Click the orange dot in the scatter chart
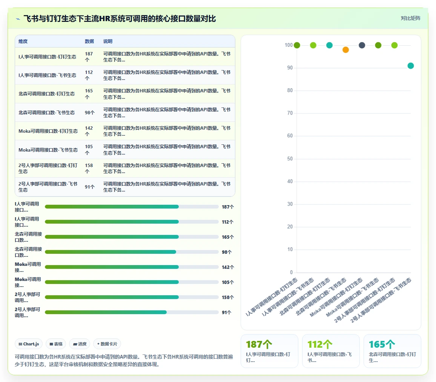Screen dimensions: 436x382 tap(345, 50)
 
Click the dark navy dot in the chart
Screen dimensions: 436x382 tap(362, 45)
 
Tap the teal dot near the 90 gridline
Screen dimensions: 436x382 tap(411, 66)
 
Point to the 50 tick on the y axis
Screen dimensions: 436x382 tap(290, 158)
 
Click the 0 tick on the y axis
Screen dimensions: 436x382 tap(291, 272)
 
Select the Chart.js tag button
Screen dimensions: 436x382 tap(29, 344)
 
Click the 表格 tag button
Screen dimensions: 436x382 tap(56, 344)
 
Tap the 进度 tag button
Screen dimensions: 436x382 tap(80, 344)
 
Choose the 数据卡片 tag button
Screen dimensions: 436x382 tap(107, 344)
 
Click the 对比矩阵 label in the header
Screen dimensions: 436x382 tap(410, 18)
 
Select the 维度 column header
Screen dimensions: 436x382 tap(23, 41)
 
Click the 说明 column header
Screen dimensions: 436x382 tap(108, 41)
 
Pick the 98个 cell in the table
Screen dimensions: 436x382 tap(90, 112)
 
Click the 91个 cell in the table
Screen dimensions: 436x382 tap(90, 187)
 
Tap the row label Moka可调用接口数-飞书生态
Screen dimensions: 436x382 tap(48, 150)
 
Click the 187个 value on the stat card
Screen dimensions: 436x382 tap(259, 344)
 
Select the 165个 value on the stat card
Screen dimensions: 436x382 tap(382, 344)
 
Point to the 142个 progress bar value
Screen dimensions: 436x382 tap(228, 267)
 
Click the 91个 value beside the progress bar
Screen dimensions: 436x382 tap(227, 313)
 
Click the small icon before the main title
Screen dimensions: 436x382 tap(18, 19)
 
